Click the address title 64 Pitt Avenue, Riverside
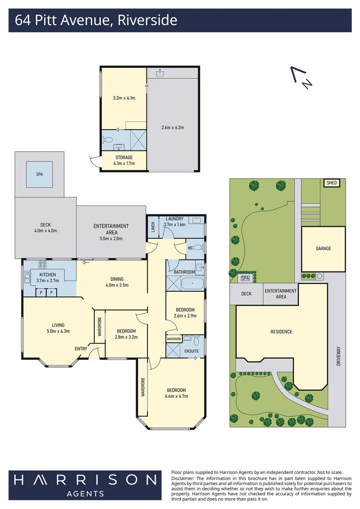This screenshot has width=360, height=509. point(96,20)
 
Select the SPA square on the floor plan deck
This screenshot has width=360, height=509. point(39,174)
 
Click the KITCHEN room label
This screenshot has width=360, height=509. point(47,275)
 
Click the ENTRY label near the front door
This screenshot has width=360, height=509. point(81,349)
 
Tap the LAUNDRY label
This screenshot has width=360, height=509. point(175,219)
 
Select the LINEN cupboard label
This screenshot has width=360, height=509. point(153,227)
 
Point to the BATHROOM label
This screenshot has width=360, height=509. point(184,272)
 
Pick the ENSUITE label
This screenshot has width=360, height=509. point(191,351)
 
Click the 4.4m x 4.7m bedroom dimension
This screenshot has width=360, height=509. point(176,396)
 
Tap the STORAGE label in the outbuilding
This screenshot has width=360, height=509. point(124,157)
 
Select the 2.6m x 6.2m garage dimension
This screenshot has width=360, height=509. point(172,127)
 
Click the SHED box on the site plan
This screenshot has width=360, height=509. point(331,183)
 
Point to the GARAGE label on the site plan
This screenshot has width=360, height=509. point(323,248)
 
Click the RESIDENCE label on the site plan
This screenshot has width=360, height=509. point(281,332)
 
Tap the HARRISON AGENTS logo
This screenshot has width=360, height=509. point(85,484)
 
